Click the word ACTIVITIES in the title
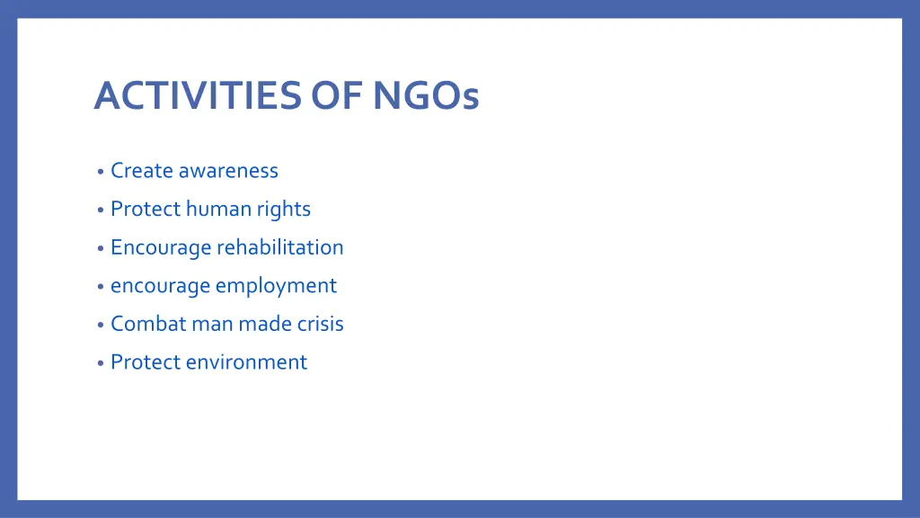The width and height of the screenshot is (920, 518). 197,95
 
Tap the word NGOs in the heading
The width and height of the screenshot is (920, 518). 426,95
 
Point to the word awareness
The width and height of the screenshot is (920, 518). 228,170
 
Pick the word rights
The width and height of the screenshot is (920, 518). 283,210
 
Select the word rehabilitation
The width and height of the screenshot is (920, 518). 279,246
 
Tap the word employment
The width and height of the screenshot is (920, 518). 276,286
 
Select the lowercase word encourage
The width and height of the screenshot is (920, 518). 160,286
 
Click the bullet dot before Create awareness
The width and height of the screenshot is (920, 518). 101,172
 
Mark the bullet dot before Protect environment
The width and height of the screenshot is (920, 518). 101,363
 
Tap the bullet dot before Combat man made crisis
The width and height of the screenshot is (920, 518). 101,325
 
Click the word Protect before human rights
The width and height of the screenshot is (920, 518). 145,209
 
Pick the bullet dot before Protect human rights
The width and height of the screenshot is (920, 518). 101,210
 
